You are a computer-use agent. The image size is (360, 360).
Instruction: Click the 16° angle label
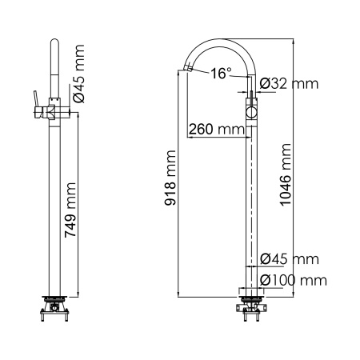pyautogui.click(x=221, y=74)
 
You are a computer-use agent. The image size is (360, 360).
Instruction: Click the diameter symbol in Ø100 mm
pyautogui.click(x=266, y=279)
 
